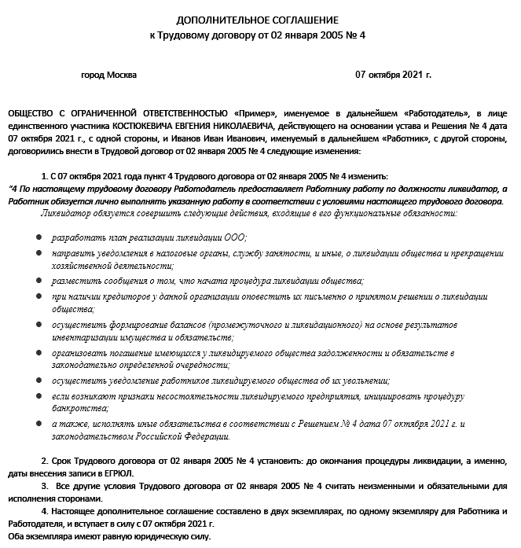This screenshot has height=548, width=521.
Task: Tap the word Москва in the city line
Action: pyautogui.click(x=120, y=75)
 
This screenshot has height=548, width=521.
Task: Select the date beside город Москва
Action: pyautogui.click(x=393, y=75)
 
